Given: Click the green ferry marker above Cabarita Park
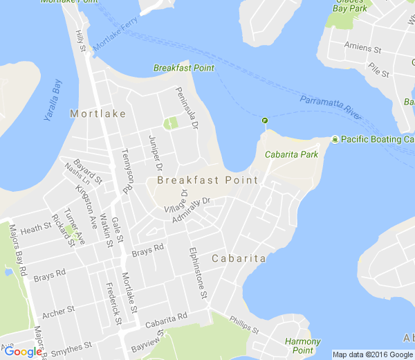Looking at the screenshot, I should (264, 121).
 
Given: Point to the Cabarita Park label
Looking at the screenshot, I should (291, 154).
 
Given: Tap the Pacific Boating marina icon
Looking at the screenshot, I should (335, 139).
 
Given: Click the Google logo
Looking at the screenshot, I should (23, 352).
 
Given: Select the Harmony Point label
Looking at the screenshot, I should (302, 345).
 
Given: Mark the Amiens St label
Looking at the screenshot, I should (363, 49).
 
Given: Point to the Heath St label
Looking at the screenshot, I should (36, 228).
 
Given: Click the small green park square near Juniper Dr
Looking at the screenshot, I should (169, 123).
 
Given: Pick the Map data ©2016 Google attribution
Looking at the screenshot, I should (371, 354).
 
